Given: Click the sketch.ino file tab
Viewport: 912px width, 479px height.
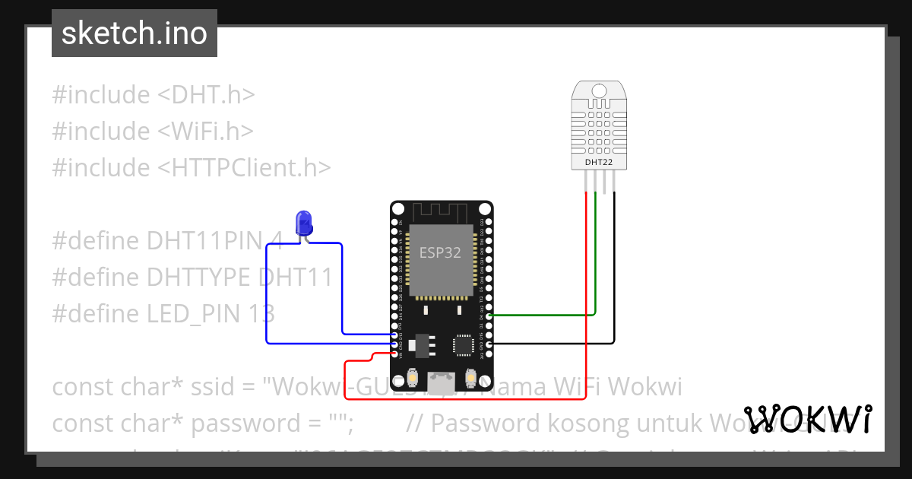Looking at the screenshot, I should (134, 33).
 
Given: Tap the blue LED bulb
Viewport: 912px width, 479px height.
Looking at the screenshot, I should (305, 223).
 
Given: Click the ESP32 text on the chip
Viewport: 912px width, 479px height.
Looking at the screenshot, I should (440, 253).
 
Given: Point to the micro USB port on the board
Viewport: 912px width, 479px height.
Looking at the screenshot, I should (440, 383).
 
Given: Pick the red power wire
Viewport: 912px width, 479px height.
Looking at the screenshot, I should (586, 304).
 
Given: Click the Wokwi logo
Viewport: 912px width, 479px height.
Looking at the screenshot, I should (807, 418).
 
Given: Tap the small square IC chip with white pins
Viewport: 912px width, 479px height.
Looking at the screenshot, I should (463, 345).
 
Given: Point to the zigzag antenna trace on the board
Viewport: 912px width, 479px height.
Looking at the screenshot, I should (440, 211).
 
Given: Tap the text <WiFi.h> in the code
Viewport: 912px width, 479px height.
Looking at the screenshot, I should (205, 132).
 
